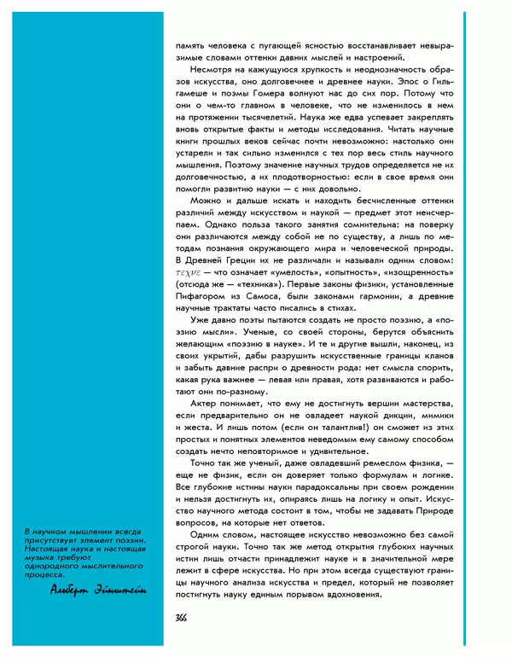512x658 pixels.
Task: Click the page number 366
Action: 182,618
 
